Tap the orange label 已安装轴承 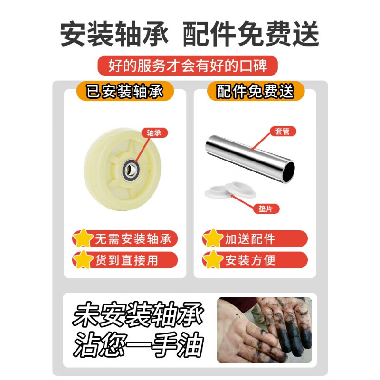(x=124, y=91)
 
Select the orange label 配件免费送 (x=255, y=91)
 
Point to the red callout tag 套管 (x=283, y=131)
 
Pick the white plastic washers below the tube (x=230, y=190)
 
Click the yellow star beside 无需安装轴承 (x=84, y=238)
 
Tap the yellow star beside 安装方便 (x=213, y=260)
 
